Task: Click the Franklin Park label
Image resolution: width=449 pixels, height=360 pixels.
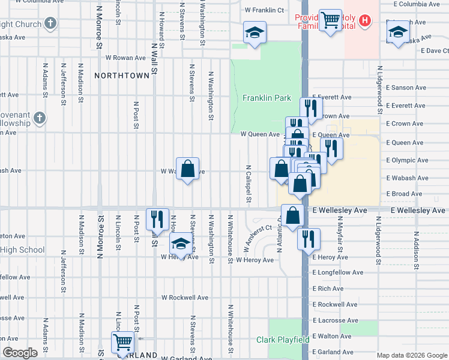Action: [267, 98]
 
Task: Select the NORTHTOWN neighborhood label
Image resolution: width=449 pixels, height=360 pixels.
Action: [121, 76]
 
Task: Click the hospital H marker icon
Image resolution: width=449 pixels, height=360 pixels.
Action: [364, 22]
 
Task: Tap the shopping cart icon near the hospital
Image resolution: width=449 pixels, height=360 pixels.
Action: [330, 21]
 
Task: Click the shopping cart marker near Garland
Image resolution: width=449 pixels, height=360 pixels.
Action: [123, 343]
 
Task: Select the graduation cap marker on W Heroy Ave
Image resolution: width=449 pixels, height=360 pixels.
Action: [180, 244]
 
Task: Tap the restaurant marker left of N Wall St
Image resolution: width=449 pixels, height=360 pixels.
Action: [157, 219]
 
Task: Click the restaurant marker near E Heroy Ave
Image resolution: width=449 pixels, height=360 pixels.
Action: [309, 238]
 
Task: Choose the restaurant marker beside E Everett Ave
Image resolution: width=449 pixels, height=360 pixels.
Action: [310, 108]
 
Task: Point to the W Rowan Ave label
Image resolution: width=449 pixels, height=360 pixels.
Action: [125, 58]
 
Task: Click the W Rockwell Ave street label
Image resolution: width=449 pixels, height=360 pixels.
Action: [185, 298]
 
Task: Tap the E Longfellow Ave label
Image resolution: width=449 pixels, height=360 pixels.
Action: [338, 272]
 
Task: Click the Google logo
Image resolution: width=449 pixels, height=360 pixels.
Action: [20, 353]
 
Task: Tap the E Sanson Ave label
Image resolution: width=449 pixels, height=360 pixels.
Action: [406, 88]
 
